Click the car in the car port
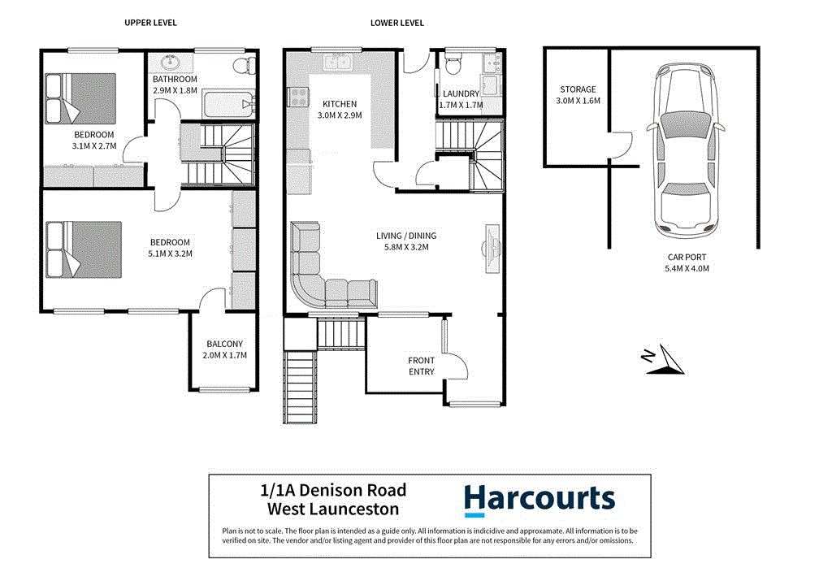tap(687, 151)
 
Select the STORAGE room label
tap(578, 89)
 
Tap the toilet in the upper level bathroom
tap(242, 64)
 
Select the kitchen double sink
tap(336, 62)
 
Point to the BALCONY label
tap(225, 344)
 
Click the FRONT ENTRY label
tap(421, 366)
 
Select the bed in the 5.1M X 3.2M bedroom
tap(84, 249)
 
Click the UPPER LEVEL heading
tap(150, 23)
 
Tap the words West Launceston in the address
tap(333, 509)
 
